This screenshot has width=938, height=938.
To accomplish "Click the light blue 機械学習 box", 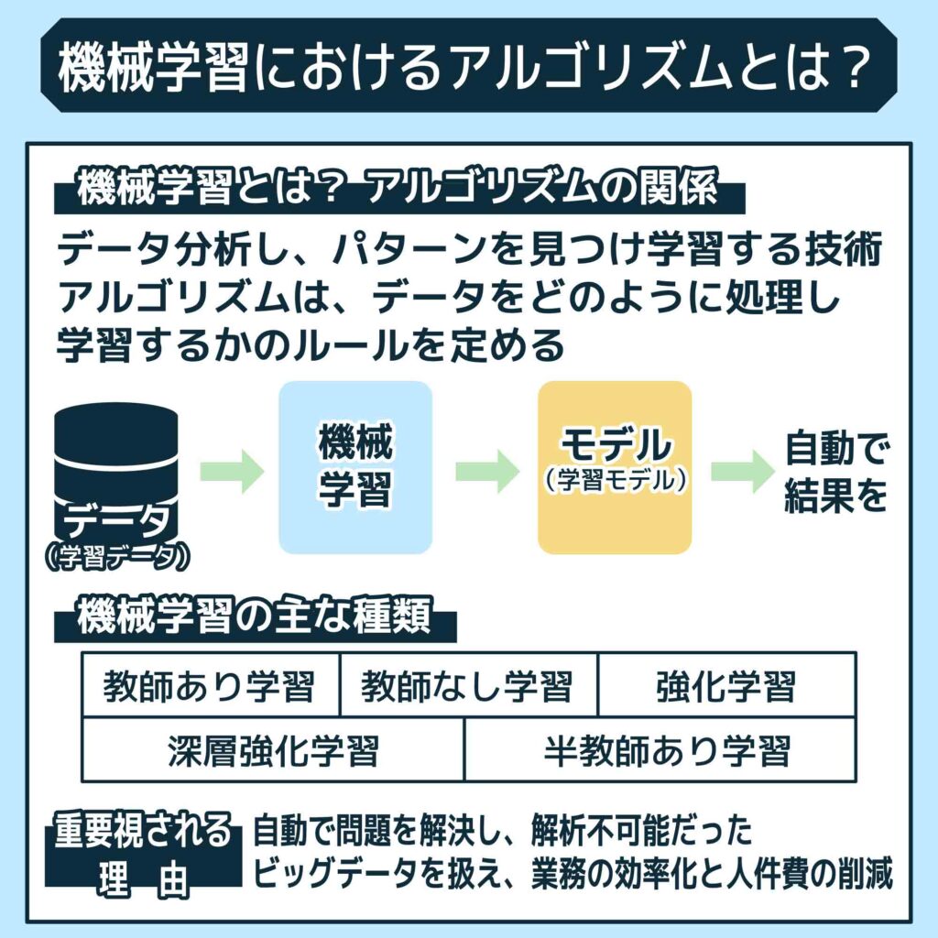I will coord(354,467).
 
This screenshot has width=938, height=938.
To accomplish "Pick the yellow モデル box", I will coord(615,467).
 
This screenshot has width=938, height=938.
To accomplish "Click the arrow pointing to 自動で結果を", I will coord(742,471).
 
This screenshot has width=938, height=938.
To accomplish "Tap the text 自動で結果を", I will coord(836,471).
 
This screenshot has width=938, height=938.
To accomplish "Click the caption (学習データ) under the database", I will coord(115,556).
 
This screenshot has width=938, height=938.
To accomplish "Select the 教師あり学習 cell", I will coord(210,685).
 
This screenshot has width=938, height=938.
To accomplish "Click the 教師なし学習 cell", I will coord(467,685).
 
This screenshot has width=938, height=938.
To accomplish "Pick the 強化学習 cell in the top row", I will coord(726,685).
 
